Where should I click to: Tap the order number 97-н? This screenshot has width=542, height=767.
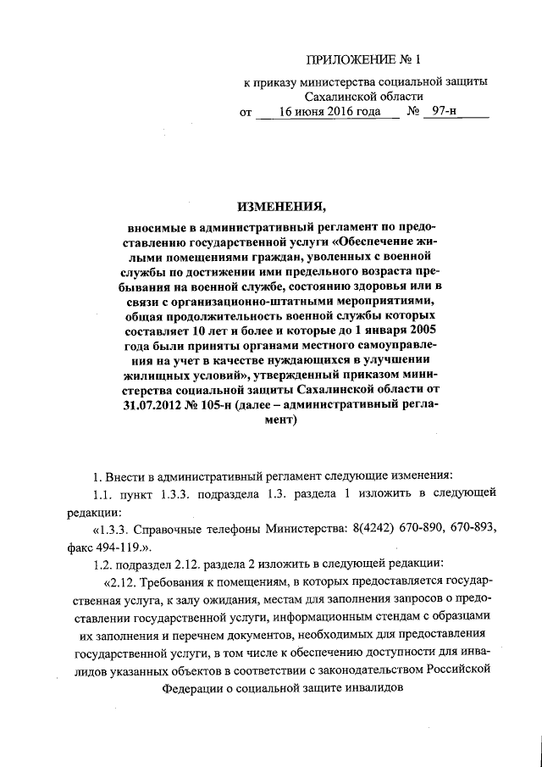[x=445, y=112]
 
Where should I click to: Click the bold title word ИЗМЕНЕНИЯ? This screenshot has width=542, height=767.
[x=280, y=207]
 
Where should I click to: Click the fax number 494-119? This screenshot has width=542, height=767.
[x=128, y=545]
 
